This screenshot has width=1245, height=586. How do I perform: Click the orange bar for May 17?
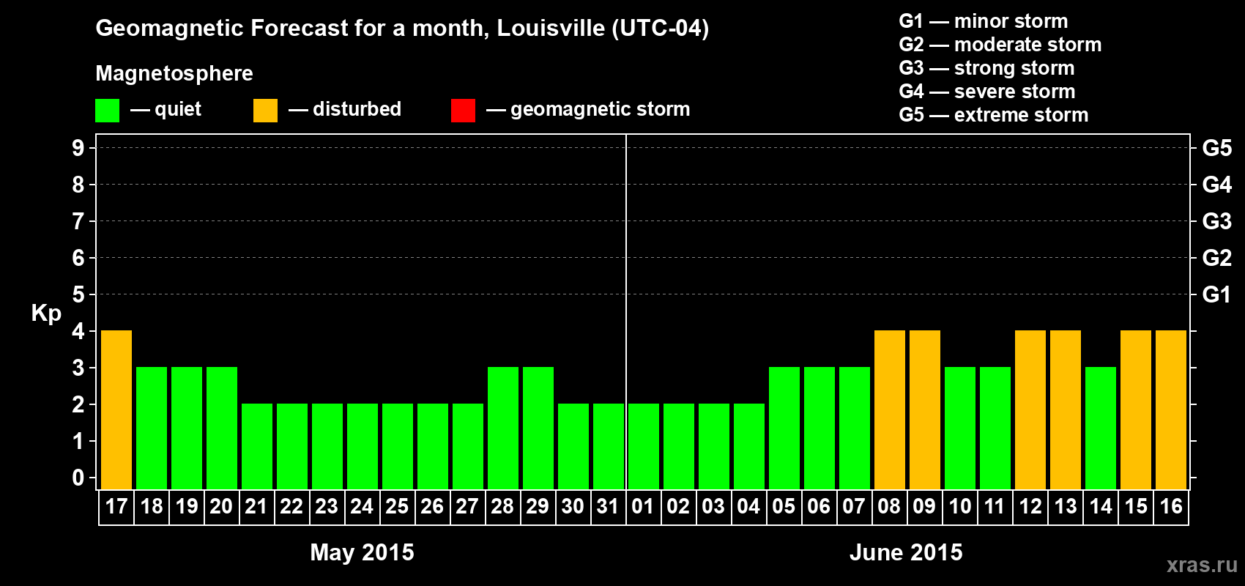(116, 409)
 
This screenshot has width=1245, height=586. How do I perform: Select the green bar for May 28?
(503, 428)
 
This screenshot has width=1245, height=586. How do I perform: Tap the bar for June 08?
(890, 409)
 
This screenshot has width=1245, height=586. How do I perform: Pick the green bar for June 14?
(1101, 428)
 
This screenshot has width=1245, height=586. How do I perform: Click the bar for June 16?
(1171, 409)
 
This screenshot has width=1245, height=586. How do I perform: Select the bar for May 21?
(257, 446)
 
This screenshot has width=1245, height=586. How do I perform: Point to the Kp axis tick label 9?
(78, 148)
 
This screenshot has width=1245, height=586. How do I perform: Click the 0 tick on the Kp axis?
(78, 478)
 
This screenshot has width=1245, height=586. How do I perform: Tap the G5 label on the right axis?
(1216, 148)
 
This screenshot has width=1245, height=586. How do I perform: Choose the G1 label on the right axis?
(1216, 294)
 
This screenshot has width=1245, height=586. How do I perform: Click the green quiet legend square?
(108, 111)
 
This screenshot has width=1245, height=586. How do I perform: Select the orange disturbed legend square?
(265, 111)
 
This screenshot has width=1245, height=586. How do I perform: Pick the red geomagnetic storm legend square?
(463, 111)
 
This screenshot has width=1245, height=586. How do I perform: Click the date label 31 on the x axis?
(608, 506)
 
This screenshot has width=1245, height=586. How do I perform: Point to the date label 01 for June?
(643, 506)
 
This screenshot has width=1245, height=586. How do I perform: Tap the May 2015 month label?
(362, 552)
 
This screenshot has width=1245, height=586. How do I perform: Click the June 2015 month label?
(906, 552)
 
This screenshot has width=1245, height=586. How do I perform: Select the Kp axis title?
(46, 313)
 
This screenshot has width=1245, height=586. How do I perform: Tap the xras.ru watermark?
(1202, 565)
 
